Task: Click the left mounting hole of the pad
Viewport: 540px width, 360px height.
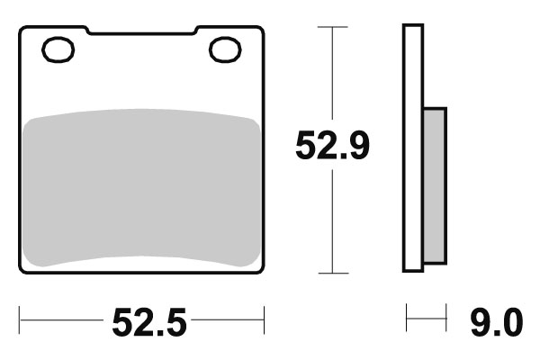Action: (60, 49)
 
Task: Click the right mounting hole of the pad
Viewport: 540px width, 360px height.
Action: (224, 49)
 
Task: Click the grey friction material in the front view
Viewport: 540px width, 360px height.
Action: (141, 189)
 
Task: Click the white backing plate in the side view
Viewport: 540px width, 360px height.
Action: (413, 148)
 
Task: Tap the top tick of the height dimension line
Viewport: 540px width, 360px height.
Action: (334, 28)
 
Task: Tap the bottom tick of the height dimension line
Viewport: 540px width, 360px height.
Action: (334, 273)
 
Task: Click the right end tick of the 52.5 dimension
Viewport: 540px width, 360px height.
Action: (264, 318)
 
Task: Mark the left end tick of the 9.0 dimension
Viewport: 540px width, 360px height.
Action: (407, 318)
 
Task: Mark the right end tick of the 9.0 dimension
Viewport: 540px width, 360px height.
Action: (445, 318)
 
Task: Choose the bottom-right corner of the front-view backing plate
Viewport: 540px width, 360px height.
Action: (261, 270)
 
